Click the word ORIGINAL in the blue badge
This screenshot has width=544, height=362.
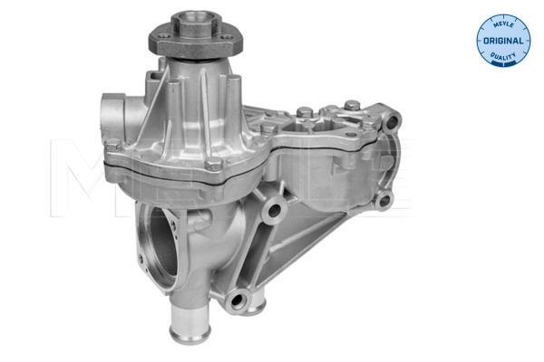coord(502,41)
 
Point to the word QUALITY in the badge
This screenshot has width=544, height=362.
coord(502,56)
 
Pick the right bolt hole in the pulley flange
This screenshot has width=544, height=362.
coord(226,38)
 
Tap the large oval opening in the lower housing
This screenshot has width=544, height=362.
coord(162,246)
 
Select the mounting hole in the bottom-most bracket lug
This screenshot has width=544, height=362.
coord(238,300)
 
